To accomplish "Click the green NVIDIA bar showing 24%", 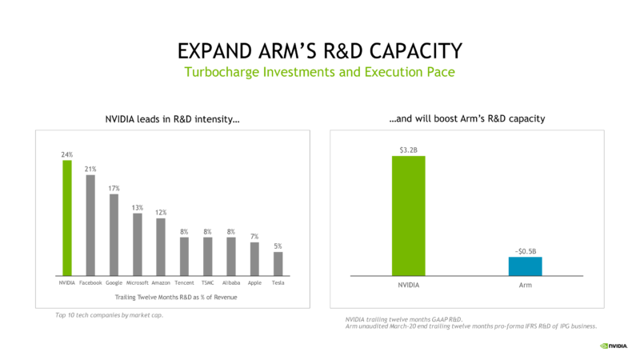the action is (67, 218).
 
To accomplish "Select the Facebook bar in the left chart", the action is (90, 226).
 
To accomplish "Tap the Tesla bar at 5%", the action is (278, 264).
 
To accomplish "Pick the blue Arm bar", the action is (526, 266).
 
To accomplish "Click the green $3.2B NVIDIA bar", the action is (409, 216).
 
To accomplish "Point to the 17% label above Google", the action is (114, 189).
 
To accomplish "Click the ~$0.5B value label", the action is (526, 251).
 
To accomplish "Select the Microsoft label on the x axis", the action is (137, 283).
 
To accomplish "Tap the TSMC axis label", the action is (208, 283).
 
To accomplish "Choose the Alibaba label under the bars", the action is (231, 283).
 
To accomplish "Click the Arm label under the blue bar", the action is (526, 285).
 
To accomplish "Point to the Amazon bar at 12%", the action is (161, 247).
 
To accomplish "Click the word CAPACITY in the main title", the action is (416, 51).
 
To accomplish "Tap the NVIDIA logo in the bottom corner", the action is (614, 346).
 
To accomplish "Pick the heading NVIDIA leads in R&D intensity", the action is (172, 119).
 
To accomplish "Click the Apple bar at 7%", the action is (254, 259).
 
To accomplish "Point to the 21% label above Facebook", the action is (90, 169).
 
